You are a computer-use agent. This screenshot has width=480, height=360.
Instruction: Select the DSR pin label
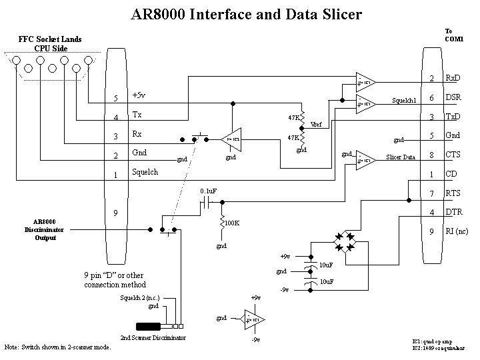point(453,98)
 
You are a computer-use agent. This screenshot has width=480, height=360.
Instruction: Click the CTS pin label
point(453,155)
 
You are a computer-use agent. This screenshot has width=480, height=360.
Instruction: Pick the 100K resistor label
point(232,223)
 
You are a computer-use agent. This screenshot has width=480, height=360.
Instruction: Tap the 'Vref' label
point(316,125)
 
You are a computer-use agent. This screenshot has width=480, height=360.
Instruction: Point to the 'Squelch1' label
point(404,101)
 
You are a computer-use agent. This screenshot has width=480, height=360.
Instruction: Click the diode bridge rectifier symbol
point(345,242)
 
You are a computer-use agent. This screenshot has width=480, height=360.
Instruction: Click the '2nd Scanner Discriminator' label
point(153,338)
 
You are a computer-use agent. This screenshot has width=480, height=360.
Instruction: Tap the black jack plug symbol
point(149,327)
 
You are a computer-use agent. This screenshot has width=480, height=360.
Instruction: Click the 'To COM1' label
point(453,35)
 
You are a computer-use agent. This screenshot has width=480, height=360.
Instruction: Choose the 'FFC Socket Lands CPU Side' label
point(51,43)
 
